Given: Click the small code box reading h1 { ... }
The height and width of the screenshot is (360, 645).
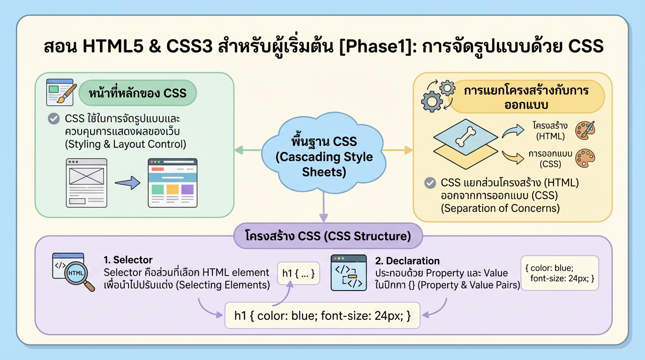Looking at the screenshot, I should click(x=298, y=272).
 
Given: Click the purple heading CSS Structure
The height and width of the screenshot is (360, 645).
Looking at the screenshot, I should click(x=328, y=236).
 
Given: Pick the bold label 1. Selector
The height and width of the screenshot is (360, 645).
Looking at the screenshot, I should click(x=128, y=260).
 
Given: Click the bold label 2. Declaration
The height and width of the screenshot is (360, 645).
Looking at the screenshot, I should click(x=407, y=261).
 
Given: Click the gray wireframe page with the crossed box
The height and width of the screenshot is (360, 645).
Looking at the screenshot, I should click(x=86, y=183).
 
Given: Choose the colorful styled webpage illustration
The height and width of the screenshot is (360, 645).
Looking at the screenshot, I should click(x=172, y=183).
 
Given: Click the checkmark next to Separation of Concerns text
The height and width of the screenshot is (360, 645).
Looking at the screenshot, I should click(x=429, y=183).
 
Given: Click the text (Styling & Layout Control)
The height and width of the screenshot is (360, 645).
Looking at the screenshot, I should click(x=125, y=144).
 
